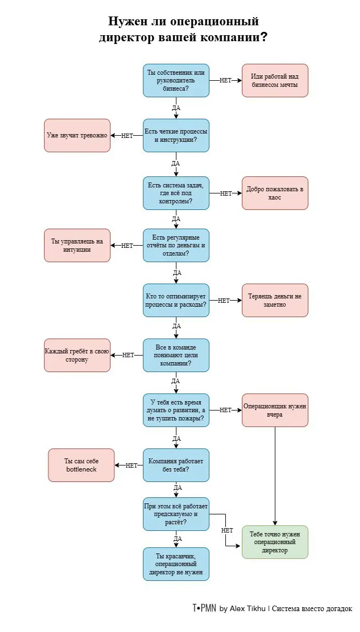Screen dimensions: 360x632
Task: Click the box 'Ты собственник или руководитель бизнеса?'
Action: click(x=176, y=81)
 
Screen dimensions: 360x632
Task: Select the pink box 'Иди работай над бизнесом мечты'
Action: click(x=275, y=81)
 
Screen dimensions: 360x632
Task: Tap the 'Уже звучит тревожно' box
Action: click(x=77, y=135)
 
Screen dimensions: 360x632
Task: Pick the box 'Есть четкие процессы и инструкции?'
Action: click(x=176, y=135)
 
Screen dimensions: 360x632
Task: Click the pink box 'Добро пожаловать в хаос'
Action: click(x=275, y=193)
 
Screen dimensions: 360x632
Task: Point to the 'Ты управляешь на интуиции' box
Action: click(x=77, y=246)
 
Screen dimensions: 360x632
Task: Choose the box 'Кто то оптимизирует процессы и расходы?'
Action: click(x=176, y=300)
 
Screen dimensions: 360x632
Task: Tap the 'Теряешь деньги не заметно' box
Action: click(x=275, y=300)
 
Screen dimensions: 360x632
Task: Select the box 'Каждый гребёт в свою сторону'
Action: click(x=77, y=355)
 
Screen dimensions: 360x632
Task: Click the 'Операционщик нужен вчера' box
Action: click(x=275, y=411)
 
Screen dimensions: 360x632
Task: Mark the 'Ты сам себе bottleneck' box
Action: click(x=81, y=465)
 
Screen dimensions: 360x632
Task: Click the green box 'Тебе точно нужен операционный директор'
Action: click(x=275, y=542)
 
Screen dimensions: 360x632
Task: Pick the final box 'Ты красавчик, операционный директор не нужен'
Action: click(x=176, y=564)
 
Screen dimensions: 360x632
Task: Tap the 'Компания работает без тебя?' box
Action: click(x=176, y=465)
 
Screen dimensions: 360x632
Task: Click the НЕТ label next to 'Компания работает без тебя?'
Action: click(x=132, y=465)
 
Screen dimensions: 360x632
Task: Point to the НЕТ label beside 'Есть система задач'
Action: click(x=226, y=193)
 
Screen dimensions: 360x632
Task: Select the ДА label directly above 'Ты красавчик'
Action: click(x=178, y=539)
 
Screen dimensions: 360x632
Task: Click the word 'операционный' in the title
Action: click(x=213, y=21)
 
